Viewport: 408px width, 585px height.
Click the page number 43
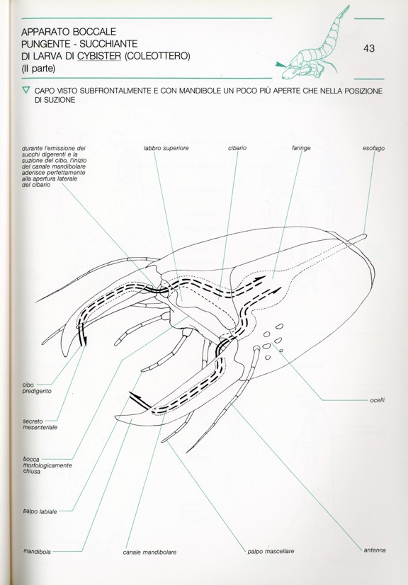369,48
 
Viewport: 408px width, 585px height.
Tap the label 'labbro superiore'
166,148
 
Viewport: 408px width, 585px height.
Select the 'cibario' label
237,148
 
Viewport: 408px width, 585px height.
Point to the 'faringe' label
301,149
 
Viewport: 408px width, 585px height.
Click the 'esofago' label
373,148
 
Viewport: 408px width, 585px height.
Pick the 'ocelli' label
377,400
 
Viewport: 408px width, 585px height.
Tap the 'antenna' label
375,550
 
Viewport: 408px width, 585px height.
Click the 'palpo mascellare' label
271,551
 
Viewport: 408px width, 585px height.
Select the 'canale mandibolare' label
149,552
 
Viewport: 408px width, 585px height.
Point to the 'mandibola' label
37,551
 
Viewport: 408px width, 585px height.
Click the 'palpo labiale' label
40,511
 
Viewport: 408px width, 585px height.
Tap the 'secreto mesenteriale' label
40,424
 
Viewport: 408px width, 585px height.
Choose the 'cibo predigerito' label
37,388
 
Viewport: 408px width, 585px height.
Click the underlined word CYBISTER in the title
99,56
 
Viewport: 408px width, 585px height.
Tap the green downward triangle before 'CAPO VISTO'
25,90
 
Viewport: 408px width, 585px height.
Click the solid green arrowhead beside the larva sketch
280,64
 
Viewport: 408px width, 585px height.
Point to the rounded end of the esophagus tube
365,236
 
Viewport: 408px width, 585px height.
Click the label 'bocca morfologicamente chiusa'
47,465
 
